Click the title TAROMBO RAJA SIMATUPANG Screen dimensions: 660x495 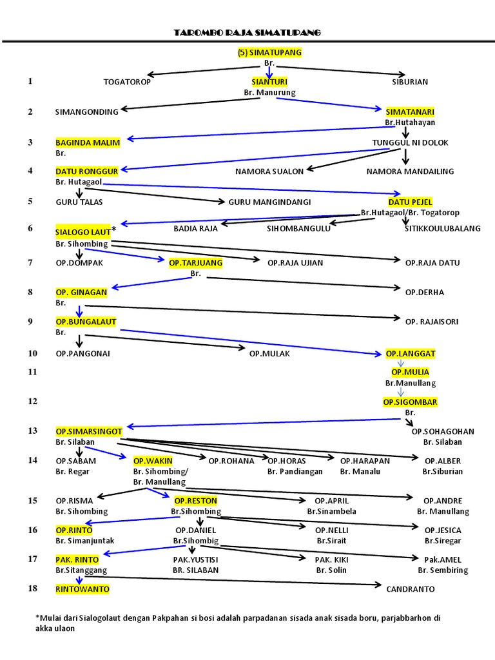(247, 33)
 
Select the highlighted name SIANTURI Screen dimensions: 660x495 (269, 82)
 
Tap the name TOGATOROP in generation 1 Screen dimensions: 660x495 (126, 82)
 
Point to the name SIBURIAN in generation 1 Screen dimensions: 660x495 (410, 82)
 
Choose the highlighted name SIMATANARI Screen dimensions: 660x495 (410, 112)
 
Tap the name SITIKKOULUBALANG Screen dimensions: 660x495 (442, 228)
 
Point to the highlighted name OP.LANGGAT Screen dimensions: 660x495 (410, 353)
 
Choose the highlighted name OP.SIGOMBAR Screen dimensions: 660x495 (410, 402)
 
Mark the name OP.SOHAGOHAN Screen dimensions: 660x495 (442, 431)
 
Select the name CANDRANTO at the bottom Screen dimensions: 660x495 (410, 589)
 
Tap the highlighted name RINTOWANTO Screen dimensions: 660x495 (82, 589)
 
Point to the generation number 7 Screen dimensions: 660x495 (30, 262)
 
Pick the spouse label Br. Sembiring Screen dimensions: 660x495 (442, 570)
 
